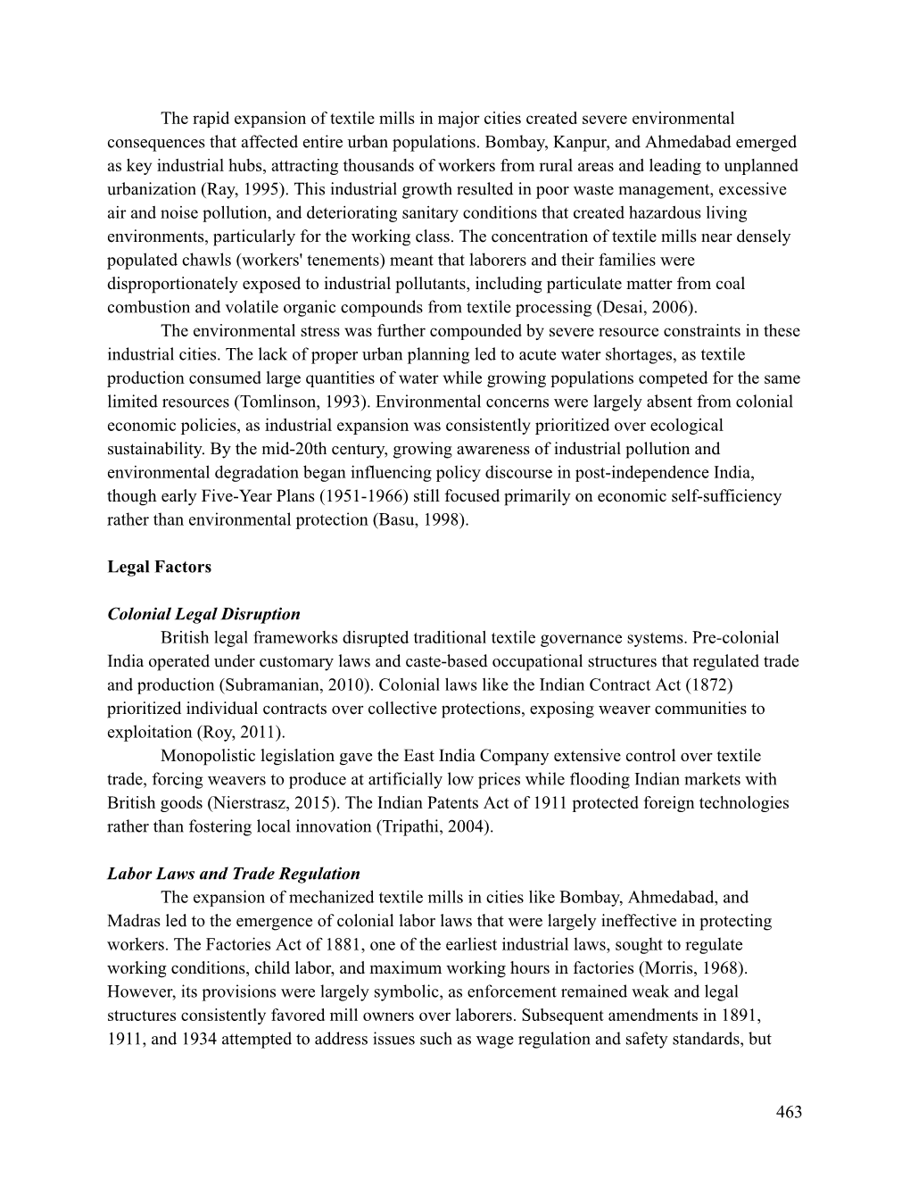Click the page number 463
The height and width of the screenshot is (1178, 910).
coord(789,1112)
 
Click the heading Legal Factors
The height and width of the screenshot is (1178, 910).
coord(159,567)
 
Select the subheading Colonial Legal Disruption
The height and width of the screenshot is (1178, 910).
coord(203,614)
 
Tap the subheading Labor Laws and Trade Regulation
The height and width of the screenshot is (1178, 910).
coord(234,874)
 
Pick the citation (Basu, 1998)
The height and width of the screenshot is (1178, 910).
coord(419,519)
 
